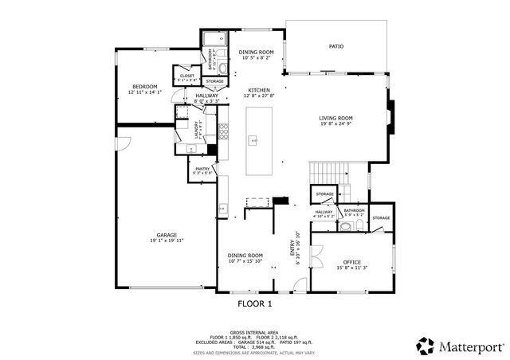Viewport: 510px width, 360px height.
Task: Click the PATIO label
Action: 336,47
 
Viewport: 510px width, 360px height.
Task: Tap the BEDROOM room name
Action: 145,86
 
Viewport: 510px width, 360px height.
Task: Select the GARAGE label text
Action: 167,235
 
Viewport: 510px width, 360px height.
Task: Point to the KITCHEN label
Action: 259,90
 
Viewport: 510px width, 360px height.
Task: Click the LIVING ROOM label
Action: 335,118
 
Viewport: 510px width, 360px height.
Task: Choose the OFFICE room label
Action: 351,262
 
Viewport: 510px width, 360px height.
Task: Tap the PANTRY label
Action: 200,168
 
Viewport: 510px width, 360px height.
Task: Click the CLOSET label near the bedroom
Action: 186,76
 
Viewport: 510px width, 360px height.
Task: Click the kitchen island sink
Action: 254,141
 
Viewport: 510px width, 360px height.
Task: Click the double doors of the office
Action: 316,256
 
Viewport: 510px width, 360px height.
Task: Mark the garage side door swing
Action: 124,145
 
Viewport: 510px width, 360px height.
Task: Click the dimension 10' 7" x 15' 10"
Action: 245,261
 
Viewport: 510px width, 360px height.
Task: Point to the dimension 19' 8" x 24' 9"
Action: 335,124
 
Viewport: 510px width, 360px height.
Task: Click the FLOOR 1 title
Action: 255,303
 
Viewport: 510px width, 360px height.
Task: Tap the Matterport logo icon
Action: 425,346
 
